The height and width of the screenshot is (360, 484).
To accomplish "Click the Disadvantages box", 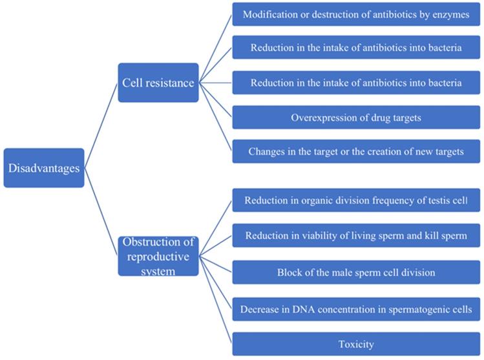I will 43,168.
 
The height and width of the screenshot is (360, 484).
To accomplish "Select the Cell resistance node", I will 158,83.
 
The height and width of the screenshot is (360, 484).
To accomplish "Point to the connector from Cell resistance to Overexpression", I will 216,101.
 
